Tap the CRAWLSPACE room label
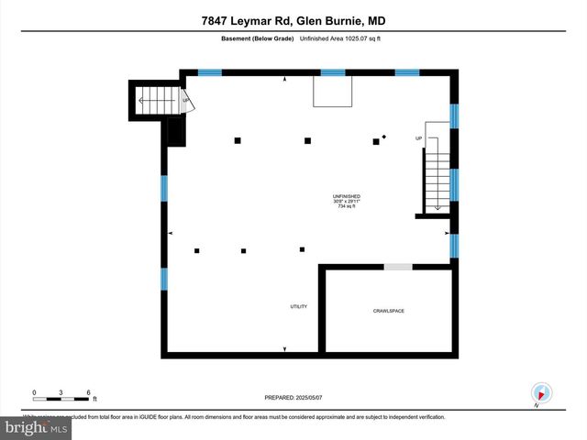tap(388, 311)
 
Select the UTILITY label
tap(298, 306)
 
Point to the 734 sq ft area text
tap(346, 207)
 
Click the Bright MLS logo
tap(37, 427)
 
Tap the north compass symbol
tap(541, 392)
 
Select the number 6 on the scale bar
tap(89, 392)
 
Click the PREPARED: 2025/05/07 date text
tap(293, 396)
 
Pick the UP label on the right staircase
tap(419, 138)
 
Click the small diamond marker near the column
tap(384, 137)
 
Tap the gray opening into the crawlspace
tap(397, 267)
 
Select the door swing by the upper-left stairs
tap(188, 103)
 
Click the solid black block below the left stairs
tap(174, 133)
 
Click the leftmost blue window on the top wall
tap(210, 72)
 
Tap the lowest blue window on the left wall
tap(164, 277)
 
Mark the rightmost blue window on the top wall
tap(407, 72)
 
